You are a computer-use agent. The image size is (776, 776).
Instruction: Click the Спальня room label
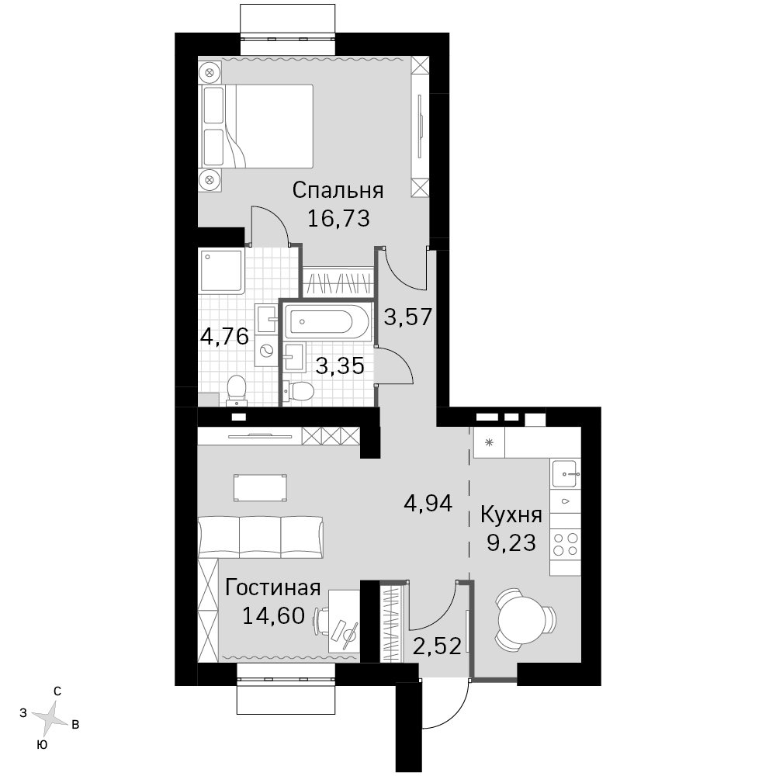(338, 191)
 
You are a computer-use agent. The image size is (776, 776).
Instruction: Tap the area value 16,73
(338, 218)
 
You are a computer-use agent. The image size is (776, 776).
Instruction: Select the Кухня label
(511, 516)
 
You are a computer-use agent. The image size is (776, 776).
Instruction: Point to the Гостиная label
(272, 588)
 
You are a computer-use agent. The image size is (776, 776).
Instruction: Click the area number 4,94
(428, 504)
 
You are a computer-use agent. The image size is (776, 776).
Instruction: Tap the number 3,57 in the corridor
(408, 317)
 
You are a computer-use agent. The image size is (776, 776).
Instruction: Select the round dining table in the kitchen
(521, 619)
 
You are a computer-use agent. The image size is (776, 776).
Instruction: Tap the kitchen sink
(565, 473)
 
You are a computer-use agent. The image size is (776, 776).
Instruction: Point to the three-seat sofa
(260, 538)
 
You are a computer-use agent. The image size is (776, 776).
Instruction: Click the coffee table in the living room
(260, 488)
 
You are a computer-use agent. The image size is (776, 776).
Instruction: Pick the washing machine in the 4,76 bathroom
(267, 351)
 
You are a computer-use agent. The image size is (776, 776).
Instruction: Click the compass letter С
(57, 691)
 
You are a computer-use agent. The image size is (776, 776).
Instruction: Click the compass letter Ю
(43, 745)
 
